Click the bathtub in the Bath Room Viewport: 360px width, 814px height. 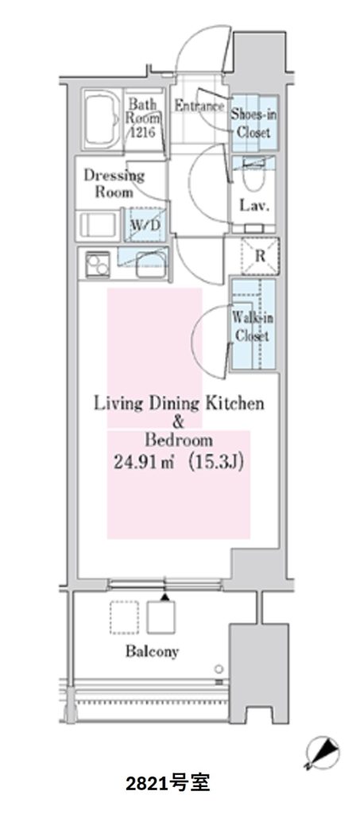pyautogui.click(x=101, y=118)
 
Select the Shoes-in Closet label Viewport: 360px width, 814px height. pyautogui.click(x=254, y=122)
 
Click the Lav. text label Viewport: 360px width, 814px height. pyautogui.click(x=254, y=206)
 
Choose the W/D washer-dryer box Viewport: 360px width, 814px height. pyautogui.click(x=145, y=224)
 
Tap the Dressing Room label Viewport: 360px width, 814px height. pyautogui.click(x=114, y=184)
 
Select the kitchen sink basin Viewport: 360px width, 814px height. pyautogui.click(x=149, y=266)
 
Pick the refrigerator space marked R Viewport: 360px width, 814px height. pyautogui.click(x=261, y=255)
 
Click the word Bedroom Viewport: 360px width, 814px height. pyautogui.click(x=179, y=440)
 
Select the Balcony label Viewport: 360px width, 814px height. pyautogui.click(x=152, y=651)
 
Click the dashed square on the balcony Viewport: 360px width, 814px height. pyautogui.click(x=124, y=617)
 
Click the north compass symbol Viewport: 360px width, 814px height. pyautogui.click(x=321, y=752)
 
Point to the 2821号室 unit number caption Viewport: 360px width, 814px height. pyautogui.click(x=168, y=797)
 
